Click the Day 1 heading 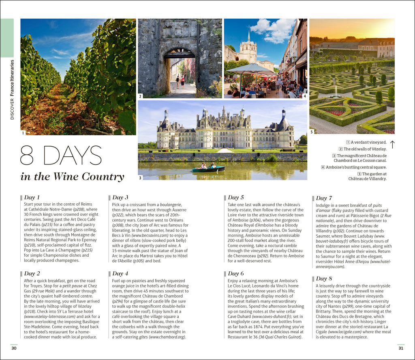(32, 198)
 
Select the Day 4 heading (120, 274)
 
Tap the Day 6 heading (236, 274)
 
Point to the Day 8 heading (324, 279)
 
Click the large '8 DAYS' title (61, 156)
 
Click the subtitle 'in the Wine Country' (72, 177)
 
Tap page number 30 (14, 348)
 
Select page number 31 (401, 348)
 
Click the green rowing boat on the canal (208, 169)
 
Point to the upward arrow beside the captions (392, 145)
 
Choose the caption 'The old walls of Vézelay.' (365, 149)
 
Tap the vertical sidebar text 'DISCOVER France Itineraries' (12, 89)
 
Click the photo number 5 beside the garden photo (312, 132)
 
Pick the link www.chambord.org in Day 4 (167, 337)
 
